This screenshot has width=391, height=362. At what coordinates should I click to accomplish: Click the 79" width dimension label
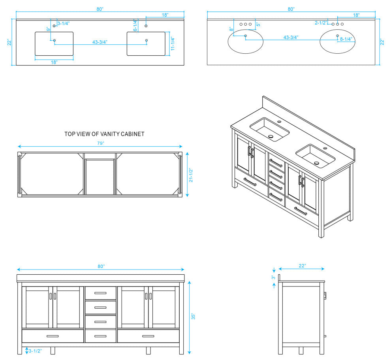pos(100,143)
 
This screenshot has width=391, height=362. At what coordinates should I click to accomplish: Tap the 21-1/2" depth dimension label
pos(191,175)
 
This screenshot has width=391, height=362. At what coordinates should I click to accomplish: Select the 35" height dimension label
pos(193,317)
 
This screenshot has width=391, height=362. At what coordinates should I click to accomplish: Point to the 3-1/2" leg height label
pos(35,351)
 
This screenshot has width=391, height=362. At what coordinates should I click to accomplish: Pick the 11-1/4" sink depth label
pos(173,43)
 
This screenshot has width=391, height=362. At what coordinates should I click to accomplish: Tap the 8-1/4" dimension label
pos(346,39)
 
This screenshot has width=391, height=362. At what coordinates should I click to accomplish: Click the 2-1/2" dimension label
pos(321,23)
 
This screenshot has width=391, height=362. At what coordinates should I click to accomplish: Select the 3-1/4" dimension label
pos(64,23)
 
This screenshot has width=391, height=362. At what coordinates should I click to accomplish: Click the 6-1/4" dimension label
pos(135,25)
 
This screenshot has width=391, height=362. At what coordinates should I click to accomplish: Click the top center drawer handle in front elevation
pos(100,293)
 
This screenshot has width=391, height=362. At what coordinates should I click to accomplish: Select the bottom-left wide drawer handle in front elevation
pos(53,336)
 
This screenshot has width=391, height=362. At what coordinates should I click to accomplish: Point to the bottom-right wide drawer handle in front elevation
pos(148,336)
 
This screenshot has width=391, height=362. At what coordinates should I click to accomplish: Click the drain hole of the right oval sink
pos(338,36)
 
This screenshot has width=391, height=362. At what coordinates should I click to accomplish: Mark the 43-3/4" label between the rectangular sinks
pos(100,42)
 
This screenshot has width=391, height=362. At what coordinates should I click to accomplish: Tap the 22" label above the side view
pos(302,266)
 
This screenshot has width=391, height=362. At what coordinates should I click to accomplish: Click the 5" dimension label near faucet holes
pos(258,24)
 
